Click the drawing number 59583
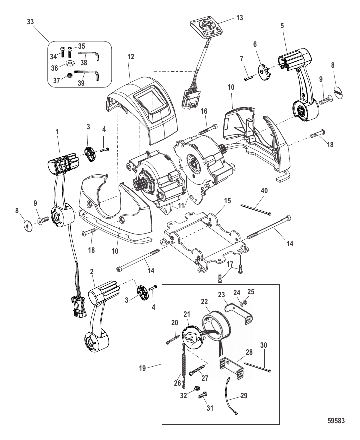(x=336, y=421)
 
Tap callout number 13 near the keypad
(x=239, y=18)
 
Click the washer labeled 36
(x=69, y=63)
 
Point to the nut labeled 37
(x=69, y=75)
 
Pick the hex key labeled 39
(x=88, y=74)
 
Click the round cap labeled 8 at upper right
(x=338, y=92)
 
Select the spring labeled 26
(x=183, y=365)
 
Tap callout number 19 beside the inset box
(x=143, y=368)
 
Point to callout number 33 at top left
(x=30, y=22)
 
